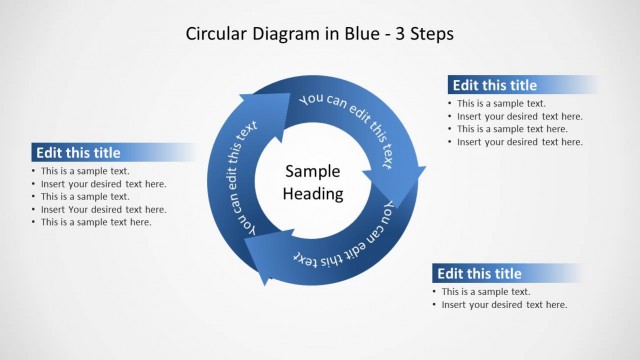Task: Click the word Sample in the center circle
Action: (x=313, y=171)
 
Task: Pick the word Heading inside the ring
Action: (x=313, y=194)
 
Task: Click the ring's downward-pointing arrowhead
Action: (x=395, y=185)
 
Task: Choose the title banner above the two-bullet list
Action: (x=479, y=273)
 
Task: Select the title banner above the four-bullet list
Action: (x=494, y=85)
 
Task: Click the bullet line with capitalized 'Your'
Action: (x=104, y=209)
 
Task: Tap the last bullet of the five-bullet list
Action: (x=96, y=222)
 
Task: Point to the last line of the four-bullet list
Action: (x=519, y=142)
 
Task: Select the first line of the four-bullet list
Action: (x=501, y=103)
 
